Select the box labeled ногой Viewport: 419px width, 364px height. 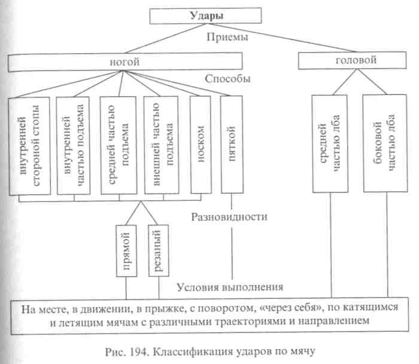(x=125, y=61)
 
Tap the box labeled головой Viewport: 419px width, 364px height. (x=345, y=61)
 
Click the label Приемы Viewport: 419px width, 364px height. (x=223, y=38)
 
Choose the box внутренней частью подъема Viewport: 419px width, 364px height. (x=74, y=145)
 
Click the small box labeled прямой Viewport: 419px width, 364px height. (x=127, y=252)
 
